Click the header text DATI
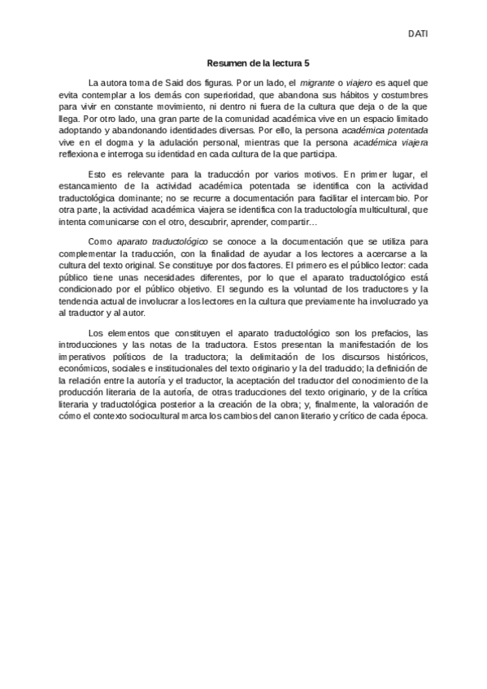point(418,34)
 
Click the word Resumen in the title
point(226,63)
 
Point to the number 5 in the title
point(307,63)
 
